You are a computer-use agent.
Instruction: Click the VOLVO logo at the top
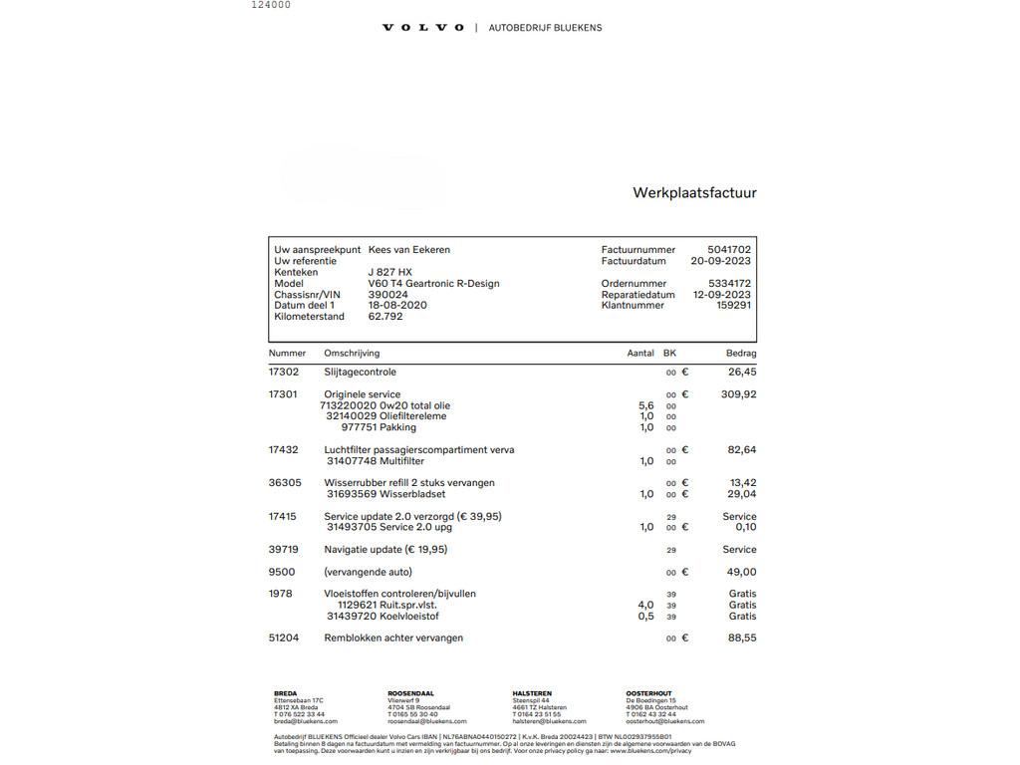pyautogui.click(x=423, y=28)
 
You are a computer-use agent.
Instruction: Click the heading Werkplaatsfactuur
pyautogui.click(x=694, y=193)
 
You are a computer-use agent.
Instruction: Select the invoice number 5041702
pyautogui.click(x=729, y=250)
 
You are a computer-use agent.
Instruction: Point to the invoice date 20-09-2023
pyautogui.click(x=721, y=261)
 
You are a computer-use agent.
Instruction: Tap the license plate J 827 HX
pyautogui.click(x=389, y=272)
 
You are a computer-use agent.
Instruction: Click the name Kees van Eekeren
pyautogui.click(x=408, y=250)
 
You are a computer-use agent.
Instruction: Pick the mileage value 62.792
pyautogui.click(x=385, y=317)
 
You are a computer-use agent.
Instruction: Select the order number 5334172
pyautogui.click(x=729, y=284)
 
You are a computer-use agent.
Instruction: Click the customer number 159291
pyautogui.click(x=733, y=306)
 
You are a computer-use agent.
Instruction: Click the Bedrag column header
pyautogui.click(x=740, y=354)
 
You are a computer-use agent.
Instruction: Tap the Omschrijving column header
pyautogui.click(x=352, y=354)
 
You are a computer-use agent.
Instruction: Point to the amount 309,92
pyautogui.click(x=738, y=394)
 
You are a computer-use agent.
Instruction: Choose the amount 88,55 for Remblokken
pyautogui.click(x=741, y=638)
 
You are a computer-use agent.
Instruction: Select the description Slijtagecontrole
pyautogui.click(x=360, y=373)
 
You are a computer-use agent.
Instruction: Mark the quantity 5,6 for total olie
pyautogui.click(x=645, y=406)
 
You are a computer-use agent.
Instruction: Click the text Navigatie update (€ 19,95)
pyautogui.click(x=385, y=550)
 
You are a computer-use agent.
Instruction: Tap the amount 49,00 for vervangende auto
pyautogui.click(x=741, y=573)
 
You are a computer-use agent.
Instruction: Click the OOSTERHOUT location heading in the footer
pyautogui.click(x=648, y=693)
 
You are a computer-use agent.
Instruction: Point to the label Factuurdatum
pyautogui.click(x=634, y=261)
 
